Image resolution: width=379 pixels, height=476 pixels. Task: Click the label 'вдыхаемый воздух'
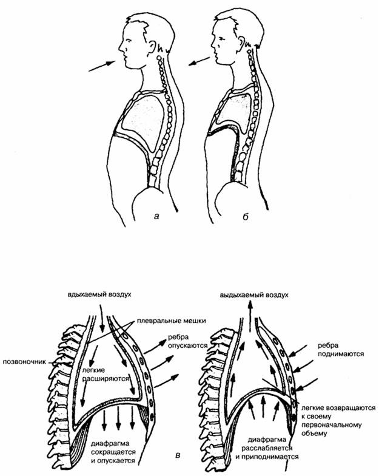99,295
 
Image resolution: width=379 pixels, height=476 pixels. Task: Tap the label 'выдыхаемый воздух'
254,295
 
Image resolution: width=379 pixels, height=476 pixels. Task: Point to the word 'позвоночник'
25,362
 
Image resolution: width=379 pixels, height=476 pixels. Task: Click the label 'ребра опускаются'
187,341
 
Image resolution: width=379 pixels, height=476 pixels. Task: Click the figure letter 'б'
245,216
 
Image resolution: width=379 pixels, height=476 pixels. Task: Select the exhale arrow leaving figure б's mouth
199,61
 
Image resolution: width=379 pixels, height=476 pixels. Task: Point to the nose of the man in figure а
121,47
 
